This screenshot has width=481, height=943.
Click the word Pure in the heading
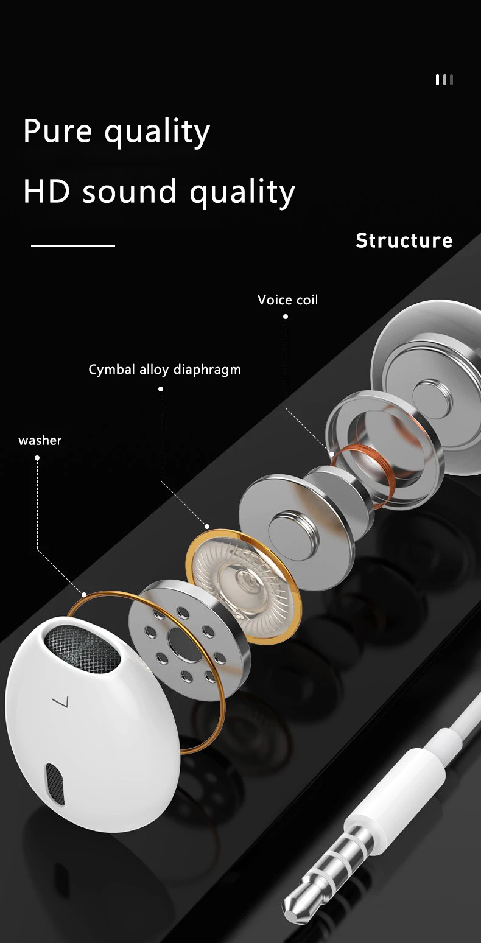pyautogui.click(x=58, y=130)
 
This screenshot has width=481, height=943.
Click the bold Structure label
pyautogui.click(x=404, y=240)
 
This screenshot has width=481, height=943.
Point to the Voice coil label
pyautogui.click(x=287, y=300)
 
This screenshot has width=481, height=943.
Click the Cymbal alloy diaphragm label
pyautogui.click(x=164, y=370)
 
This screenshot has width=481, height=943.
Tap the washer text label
pyautogui.click(x=40, y=440)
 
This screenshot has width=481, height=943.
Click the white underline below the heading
pyautogui.click(x=73, y=246)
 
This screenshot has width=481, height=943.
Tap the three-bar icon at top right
pyautogui.click(x=444, y=80)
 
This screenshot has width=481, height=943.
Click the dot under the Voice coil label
pyautogui.click(x=286, y=317)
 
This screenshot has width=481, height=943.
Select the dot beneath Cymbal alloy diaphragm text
pyautogui.click(x=161, y=389)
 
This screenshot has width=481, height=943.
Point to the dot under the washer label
pyautogui.click(x=37, y=458)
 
